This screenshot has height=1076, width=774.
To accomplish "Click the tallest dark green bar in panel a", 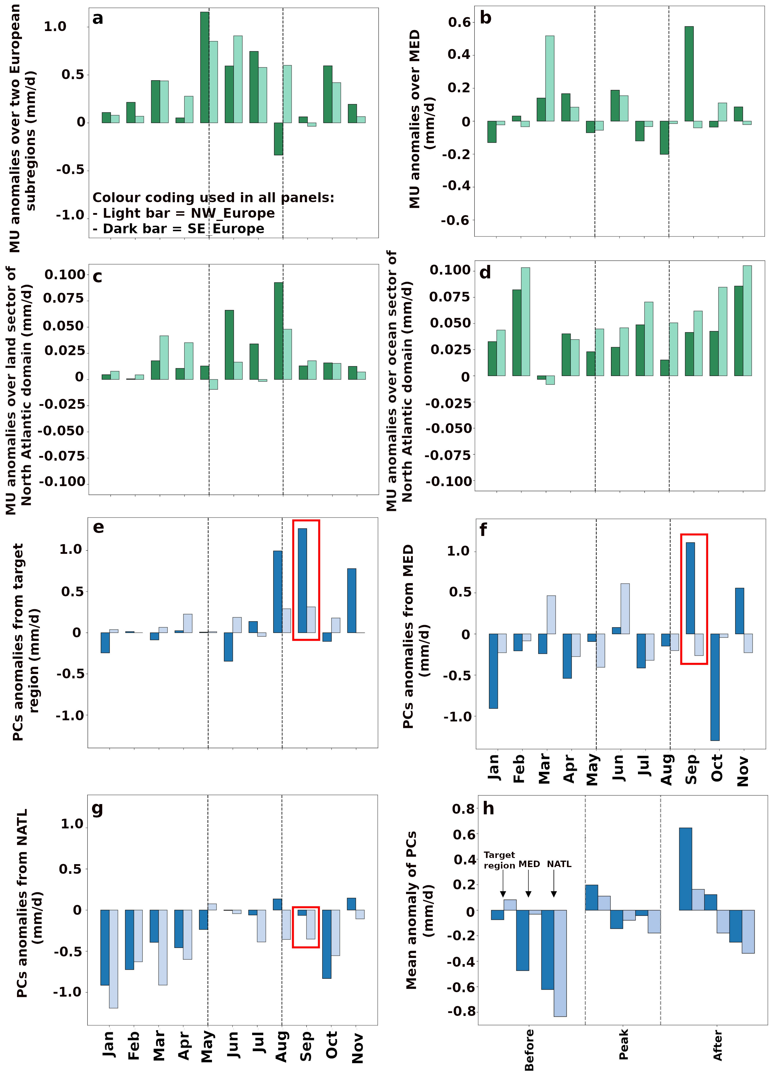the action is click(x=205, y=67).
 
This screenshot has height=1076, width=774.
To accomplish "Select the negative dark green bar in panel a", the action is click(x=278, y=139).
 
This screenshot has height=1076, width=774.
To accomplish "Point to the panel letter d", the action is click(x=485, y=273).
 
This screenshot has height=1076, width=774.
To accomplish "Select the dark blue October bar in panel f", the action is click(x=715, y=687).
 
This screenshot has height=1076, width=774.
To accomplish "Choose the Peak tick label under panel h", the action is click(x=624, y=1044).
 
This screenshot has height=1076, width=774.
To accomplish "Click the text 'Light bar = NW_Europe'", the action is click(x=189, y=213).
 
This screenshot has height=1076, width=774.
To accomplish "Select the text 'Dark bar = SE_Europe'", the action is click(x=184, y=229).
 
